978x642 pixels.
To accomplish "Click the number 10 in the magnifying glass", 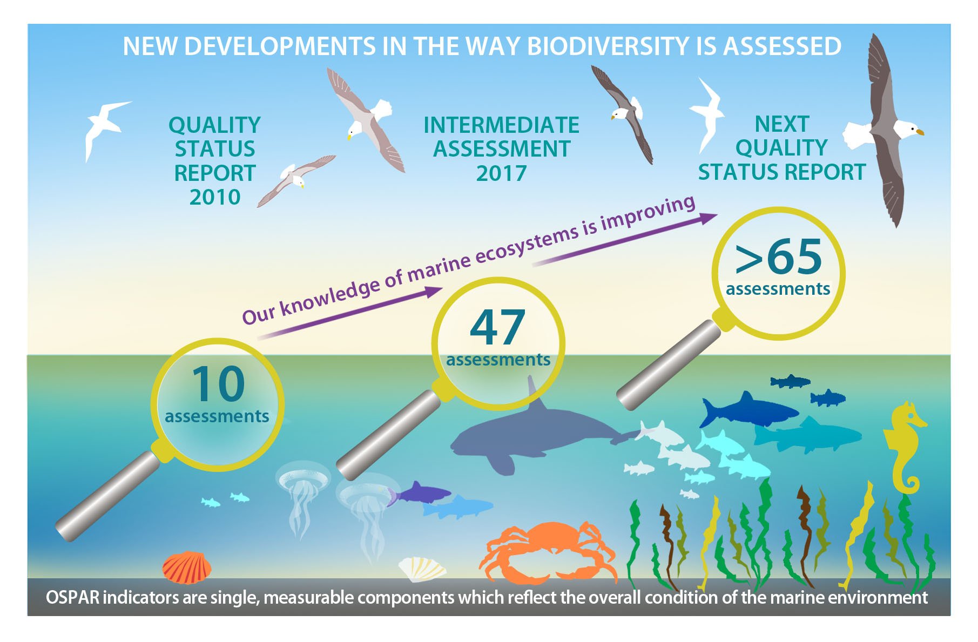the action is (x=218, y=384).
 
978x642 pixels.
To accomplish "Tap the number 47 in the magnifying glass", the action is (x=497, y=327).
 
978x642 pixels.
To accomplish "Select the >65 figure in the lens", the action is (x=779, y=257).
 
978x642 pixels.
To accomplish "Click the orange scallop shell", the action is (x=187, y=567).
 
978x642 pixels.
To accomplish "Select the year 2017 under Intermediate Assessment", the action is (x=501, y=173).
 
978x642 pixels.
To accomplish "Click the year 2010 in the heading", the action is (x=214, y=197).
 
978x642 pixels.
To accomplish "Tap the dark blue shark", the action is (x=747, y=411).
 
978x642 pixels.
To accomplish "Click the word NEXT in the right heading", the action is (x=781, y=124).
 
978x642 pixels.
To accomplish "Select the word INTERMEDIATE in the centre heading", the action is (x=501, y=125).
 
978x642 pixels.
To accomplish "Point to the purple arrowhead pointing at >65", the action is (x=707, y=218).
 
